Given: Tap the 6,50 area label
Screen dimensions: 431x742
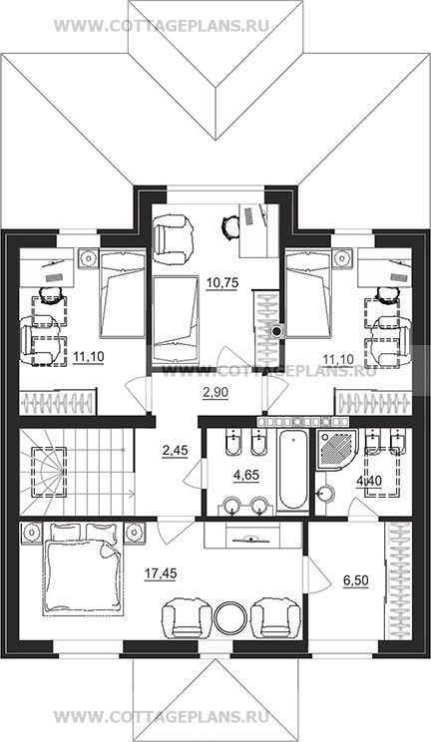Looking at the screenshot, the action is (356, 580).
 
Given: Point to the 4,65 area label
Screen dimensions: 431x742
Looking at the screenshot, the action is (245, 475).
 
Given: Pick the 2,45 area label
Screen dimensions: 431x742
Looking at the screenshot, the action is (175, 450).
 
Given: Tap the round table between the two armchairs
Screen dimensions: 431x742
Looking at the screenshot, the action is (230, 618).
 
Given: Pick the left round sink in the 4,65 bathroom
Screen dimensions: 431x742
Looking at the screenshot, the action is (232, 505).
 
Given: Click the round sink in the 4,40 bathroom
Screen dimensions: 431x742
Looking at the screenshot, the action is (326, 494).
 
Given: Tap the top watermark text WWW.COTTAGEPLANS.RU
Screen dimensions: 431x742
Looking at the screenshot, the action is (162, 26).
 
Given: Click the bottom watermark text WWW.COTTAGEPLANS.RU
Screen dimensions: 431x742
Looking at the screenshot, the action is (162, 716).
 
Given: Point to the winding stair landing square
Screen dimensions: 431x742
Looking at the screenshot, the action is (49, 472).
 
